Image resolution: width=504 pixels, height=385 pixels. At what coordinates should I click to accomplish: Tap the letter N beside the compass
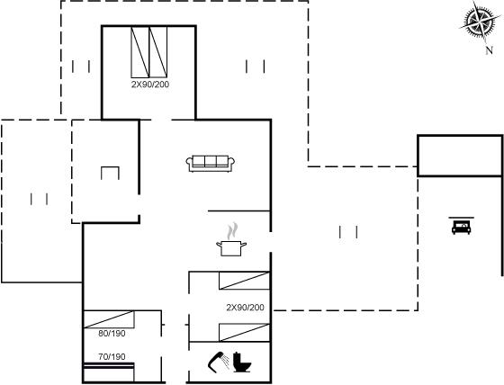pyautogui.click(x=490, y=50)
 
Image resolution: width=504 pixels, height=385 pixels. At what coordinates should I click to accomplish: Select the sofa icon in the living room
pyautogui.click(x=211, y=164)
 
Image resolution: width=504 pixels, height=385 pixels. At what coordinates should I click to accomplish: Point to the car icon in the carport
pyautogui.click(x=461, y=228)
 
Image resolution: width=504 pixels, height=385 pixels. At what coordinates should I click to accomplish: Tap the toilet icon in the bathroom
pyautogui.click(x=242, y=363)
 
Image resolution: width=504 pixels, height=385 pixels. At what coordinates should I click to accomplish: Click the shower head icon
pyautogui.click(x=219, y=362)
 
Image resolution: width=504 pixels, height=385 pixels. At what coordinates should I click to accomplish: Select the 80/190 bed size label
pyautogui.click(x=112, y=334)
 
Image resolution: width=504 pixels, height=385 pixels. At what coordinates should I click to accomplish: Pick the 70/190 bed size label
pyautogui.click(x=112, y=357)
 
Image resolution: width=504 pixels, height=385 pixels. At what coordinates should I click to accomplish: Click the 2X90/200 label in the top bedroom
pyautogui.click(x=150, y=85)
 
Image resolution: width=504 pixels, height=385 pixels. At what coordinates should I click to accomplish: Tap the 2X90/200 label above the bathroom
pyautogui.click(x=245, y=308)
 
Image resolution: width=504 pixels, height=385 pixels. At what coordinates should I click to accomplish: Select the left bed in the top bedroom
pyautogui.click(x=140, y=52)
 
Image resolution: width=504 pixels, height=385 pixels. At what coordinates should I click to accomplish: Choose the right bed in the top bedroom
pyautogui.click(x=158, y=52)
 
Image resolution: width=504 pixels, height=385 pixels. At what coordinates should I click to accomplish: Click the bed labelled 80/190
pyautogui.click(x=109, y=319)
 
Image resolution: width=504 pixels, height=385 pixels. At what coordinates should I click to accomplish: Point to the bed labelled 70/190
pyautogui.click(x=109, y=372)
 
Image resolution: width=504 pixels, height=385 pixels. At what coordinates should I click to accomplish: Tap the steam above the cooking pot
pyautogui.click(x=232, y=231)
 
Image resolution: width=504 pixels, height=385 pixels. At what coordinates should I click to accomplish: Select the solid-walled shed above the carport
pyautogui.click(x=460, y=156)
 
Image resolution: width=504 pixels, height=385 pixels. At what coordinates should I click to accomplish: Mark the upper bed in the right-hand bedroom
pyautogui.click(x=244, y=281)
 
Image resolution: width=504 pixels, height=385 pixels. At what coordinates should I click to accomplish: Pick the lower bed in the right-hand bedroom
pyautogui.click(x=244, y=333)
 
